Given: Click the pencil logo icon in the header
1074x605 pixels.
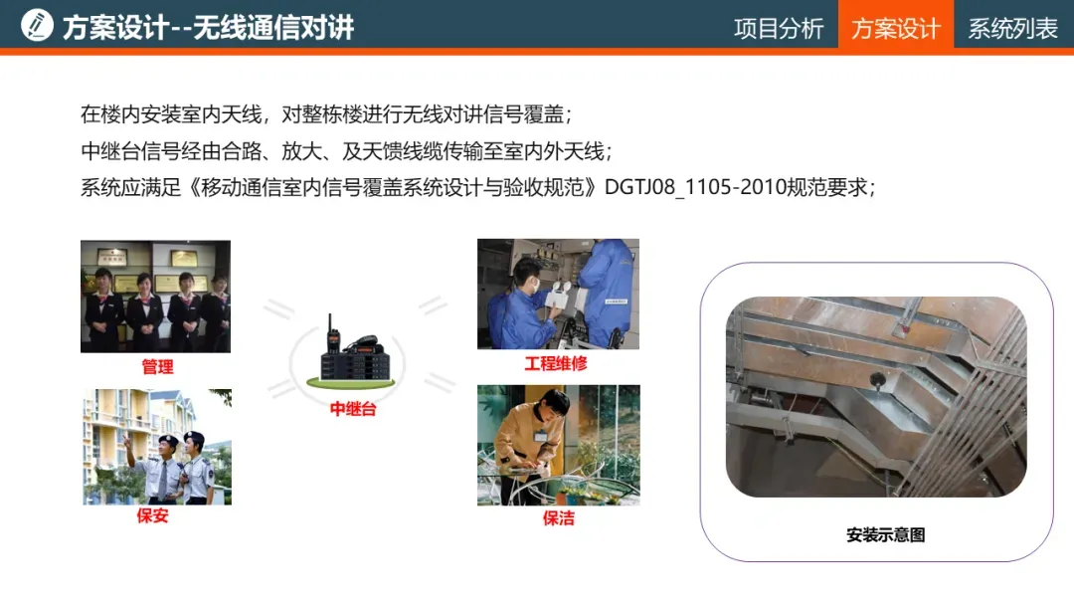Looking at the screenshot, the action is [x=37, y=25].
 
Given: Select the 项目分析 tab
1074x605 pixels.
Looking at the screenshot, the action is [x=779, y=29].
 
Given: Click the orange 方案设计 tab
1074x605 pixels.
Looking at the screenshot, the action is [x=896, y=28].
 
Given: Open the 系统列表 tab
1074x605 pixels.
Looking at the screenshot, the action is [x=1013, y=29].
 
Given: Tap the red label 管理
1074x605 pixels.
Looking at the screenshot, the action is [x=157, y=366].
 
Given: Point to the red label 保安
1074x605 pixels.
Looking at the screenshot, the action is [x=153, y=515].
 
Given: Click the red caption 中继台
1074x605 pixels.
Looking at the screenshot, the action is [x=353, y=409].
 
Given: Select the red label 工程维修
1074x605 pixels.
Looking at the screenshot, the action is [x=556, y=363].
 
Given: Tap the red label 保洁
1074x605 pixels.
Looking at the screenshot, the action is [x=559, y=518].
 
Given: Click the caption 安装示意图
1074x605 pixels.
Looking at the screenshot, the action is [x=886, y=534].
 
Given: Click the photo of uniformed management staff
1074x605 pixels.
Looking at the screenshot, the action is [x=155, y=296].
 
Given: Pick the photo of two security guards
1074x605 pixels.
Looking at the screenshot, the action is [x=157, y=447].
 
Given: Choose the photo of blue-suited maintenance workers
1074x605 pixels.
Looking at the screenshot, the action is [x=558, y=294].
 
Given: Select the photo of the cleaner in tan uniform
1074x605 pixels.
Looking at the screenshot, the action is [x=559, y=446].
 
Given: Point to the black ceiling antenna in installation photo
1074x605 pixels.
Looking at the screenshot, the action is [x=877, y=379].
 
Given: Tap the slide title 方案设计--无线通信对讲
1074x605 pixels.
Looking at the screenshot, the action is [x=208, y=28].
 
